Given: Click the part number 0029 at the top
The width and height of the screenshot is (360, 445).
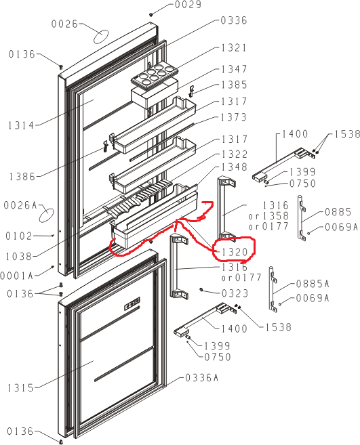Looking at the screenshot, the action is click(188, 5).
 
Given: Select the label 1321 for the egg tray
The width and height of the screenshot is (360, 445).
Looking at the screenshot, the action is click(234, 48).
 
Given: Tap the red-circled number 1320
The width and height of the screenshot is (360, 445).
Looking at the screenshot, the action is click(234, 252).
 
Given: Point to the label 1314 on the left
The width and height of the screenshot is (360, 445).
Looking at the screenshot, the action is click(21, 125).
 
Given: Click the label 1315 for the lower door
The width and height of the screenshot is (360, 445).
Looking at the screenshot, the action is click(20, 387).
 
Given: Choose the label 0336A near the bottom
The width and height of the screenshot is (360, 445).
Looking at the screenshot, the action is click(201, 378).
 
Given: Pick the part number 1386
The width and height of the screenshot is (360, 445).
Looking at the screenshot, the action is click(22, 177).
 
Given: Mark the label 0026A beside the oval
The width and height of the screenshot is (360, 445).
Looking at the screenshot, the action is click(20, 205).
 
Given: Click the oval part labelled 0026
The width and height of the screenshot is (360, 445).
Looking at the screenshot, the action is click(101, 37).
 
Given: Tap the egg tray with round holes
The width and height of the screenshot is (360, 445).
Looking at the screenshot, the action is click(155, 75).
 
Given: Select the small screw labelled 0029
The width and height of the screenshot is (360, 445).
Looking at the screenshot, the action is click(151, 14).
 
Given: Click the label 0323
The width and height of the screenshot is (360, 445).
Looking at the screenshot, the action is click(235, 293).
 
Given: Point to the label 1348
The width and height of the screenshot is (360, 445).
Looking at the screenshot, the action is click(234, 167).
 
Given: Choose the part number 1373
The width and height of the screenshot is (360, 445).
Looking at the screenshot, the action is click(234, 117).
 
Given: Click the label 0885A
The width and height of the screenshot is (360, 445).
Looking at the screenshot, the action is click(313, 283).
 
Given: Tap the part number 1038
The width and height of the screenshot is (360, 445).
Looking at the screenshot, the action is click(19, 257).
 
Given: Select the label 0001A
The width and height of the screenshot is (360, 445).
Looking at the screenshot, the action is click(17, 276).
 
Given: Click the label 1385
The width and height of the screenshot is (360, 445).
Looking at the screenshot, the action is click(234, 85).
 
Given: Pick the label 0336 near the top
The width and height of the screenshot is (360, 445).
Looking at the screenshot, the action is click(234, 20).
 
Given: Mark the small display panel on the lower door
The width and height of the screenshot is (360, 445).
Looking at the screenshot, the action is click(132, 303).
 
